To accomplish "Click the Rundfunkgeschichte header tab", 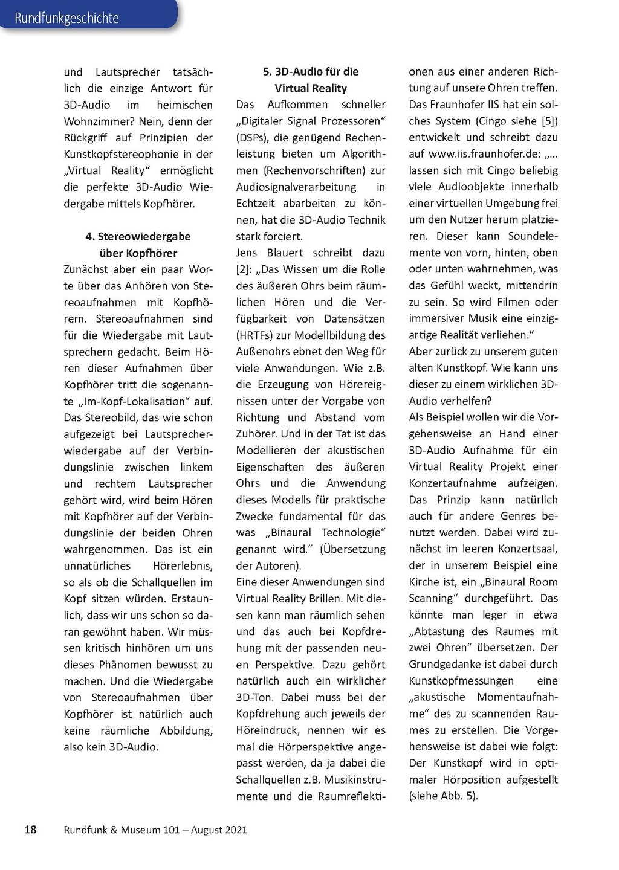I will click(x=67, y=18).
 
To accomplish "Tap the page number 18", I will click(x=30, y=830).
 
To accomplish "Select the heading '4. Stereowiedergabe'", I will click(x=138, y=236).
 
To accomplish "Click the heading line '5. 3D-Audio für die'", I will click(x=311, y=71).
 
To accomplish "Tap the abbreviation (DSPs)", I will click(x=253, y=138).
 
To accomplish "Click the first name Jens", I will click(x=247, y=253).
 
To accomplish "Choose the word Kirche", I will click(x=424, y=582).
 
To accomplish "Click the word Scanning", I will click(x=430, y=599).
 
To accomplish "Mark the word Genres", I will click(x=518, y=516).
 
